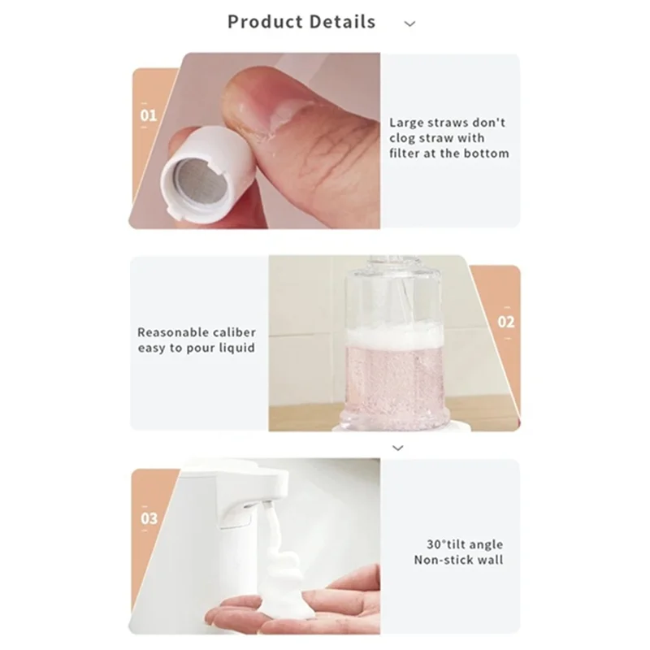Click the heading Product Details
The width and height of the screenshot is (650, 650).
[x=301, y=22]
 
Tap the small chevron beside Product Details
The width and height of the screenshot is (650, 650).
[x=409, y=24]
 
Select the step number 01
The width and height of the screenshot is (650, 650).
[x=149, y=115]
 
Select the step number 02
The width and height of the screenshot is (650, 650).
[x=505, y=322]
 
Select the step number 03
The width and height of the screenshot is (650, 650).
[x=149, y=518]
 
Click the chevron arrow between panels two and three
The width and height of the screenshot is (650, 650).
[x=397, y=448]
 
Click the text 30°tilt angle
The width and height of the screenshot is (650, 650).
[x=464, y=544]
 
